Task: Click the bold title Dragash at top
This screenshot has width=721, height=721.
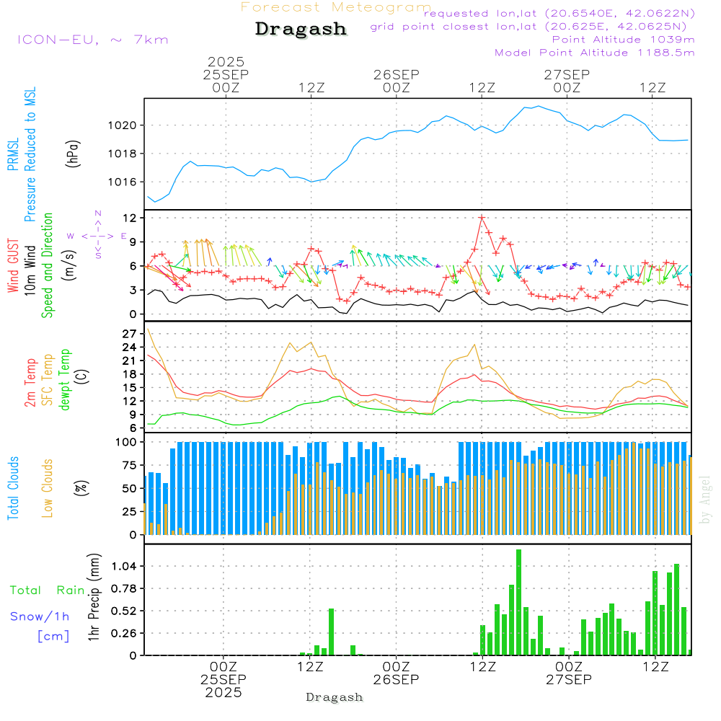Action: (301, 29)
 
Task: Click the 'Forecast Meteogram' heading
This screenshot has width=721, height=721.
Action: (336, 7)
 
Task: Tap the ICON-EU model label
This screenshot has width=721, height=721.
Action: (92, 40)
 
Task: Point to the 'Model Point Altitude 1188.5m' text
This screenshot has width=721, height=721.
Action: (595, 53)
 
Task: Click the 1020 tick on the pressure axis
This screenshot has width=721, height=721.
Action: (122, 125)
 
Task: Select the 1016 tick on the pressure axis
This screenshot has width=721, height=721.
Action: (122, 182)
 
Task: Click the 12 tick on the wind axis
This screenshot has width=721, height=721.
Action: (131, 218)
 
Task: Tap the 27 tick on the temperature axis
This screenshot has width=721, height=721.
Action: (130, 334)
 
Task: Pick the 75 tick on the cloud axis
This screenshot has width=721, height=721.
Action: (129, 465)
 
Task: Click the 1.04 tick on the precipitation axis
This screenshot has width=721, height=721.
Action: (124, 567)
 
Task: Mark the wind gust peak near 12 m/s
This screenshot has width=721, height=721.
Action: (482, 217)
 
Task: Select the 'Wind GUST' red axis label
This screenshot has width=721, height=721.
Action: (14, 267)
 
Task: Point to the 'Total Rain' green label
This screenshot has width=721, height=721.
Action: (48, 590)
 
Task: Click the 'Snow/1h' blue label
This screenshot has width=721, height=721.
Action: (40, 616)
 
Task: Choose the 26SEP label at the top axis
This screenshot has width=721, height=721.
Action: (397, 74)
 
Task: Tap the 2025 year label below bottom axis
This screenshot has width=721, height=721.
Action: (224, 692)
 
